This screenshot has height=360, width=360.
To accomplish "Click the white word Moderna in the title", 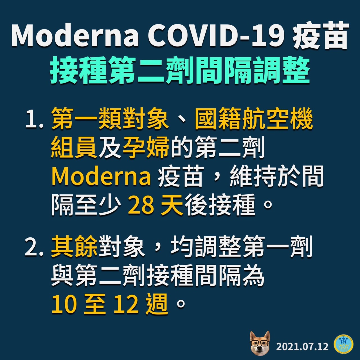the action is tap(75, 35).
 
